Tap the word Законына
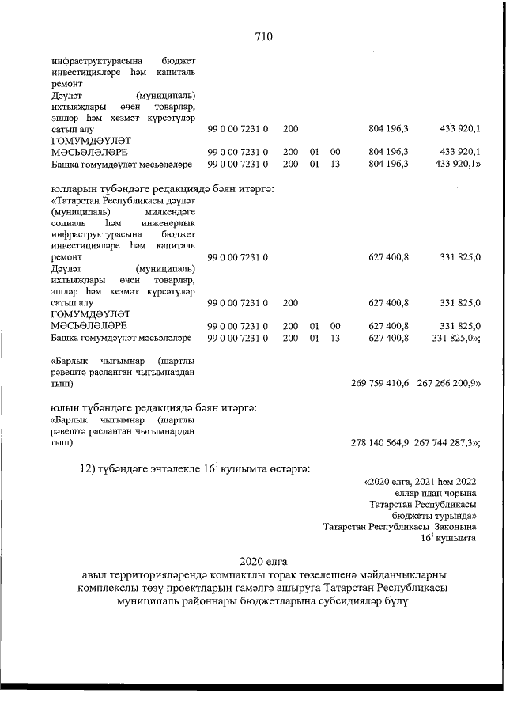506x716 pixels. point(454,526)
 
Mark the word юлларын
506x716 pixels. point(67,189)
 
